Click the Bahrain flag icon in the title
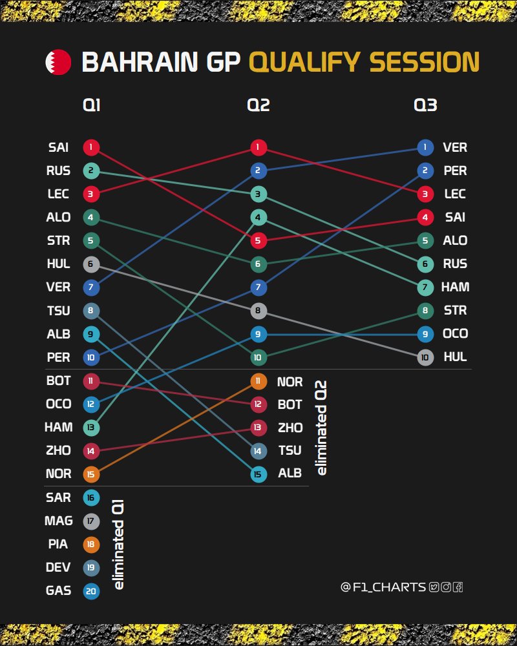[58, 62]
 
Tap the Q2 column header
[258, 105]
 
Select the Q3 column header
[425, 105]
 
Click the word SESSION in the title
[424, 62]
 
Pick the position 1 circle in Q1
[91, 147]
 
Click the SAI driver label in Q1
[58, 147]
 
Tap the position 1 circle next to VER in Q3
[425, 147]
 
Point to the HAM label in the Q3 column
[455, 287]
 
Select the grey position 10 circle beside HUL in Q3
[425, 357]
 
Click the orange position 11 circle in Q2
[258, 381]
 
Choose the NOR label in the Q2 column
[290, 382]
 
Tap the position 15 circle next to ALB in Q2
[258, 474]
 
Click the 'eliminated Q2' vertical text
[321, 428]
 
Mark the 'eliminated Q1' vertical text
[118, 545]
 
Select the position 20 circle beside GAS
[91, 591]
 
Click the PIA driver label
[58, 544]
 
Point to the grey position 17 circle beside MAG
[91, 521]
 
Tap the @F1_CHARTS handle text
[383, 587]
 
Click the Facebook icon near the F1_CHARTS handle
[458, 587]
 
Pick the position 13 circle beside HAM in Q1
[91, 428]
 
